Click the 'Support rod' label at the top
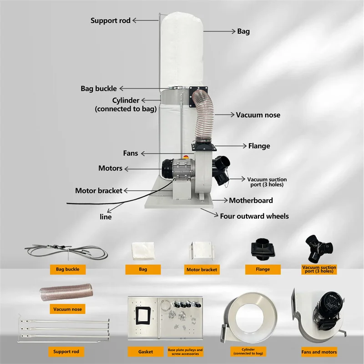(x=110, y=20)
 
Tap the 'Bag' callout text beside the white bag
(x=243, y=31)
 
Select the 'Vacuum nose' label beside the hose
(x=258, y=115)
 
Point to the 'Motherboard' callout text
(x=251, y=200)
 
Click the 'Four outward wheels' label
(x=254, y=216)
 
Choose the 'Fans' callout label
(x=131, y=153)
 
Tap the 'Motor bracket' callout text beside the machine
(x=99, y=191)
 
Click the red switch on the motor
(x=185, y=161)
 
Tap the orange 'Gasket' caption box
(x=146, y=352)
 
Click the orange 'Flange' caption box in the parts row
(x=263, y=269)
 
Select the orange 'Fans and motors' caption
(x=319, y=352)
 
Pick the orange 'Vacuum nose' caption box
(x=68, y=309)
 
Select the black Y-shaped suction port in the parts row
(x=318, y=248)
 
